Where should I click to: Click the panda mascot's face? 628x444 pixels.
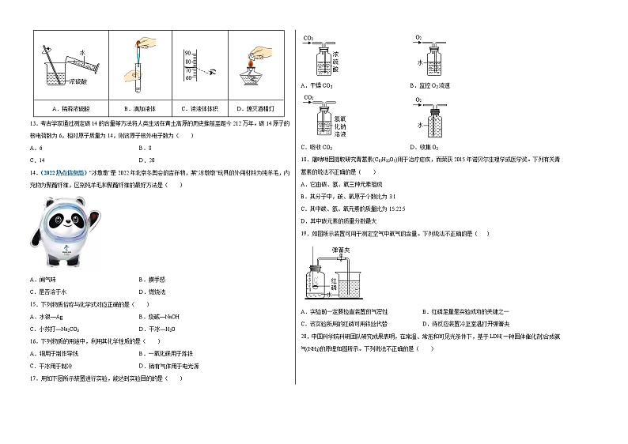[x=62, y=226]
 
